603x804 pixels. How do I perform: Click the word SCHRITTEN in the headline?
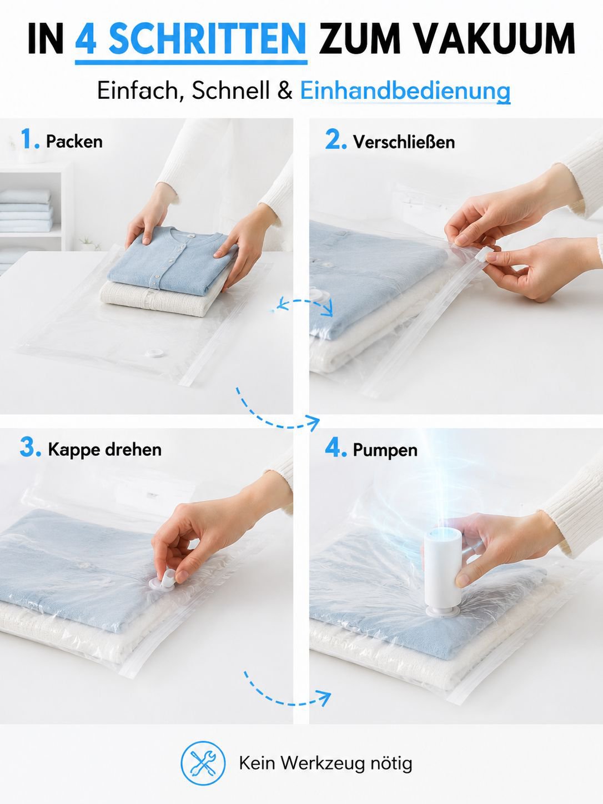click(x=207, y=38)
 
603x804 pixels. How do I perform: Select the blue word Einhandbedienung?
click(x=405, y=91)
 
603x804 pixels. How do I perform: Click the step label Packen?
click(x=74, y=142)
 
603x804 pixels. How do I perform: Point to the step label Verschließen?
click(x=404, y=142)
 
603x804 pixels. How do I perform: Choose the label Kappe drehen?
click(x=105, y=450)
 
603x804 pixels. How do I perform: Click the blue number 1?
click(x=29, y=139)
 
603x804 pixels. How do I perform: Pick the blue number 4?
click(x=335, y=448)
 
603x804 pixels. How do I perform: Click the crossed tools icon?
click(x=203, y=763)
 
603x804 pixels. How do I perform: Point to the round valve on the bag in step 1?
click(x=153, y=353)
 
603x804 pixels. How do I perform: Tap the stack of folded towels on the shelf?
click(x=26, y=211)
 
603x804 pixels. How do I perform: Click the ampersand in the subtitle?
click(x=284, y=91)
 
